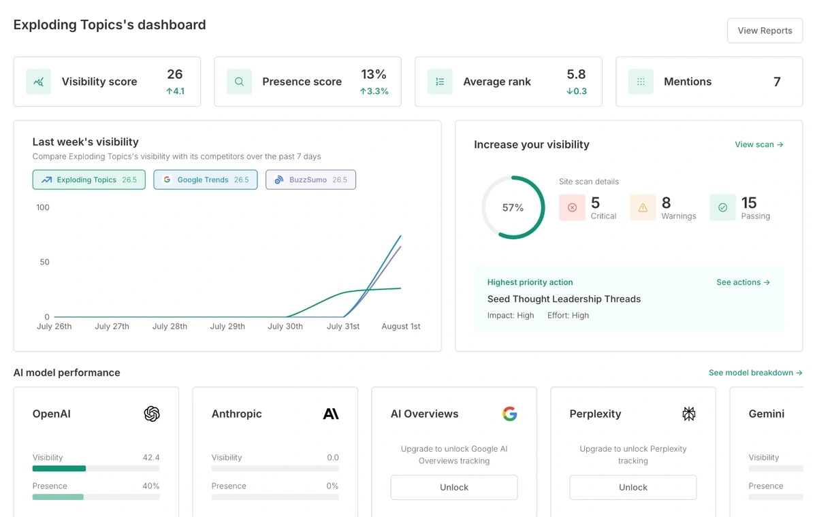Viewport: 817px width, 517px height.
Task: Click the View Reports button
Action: coord(765,31)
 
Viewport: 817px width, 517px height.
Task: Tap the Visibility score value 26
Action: coord(175,74)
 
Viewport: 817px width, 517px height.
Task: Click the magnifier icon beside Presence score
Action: coord(239,82)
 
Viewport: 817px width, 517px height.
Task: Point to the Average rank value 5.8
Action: coord(576,74)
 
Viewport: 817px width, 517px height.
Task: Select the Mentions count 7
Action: coord(777,82)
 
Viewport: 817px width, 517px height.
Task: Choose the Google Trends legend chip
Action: coord(205,180)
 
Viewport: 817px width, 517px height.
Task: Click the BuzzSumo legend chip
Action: coord(310,180)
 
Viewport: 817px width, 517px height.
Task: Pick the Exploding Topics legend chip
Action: coord(89,180)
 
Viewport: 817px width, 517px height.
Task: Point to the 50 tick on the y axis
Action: coord(44,262)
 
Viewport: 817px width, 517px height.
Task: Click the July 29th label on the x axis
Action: coord(227,327)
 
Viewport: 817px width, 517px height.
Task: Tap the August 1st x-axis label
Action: coord(401,327)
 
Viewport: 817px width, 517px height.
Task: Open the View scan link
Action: coord(758,144)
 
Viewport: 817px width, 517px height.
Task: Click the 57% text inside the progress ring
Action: coord(513,207)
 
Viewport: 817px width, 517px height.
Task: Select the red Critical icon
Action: coord(572,207)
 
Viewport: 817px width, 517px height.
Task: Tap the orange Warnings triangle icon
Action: coord(643,207)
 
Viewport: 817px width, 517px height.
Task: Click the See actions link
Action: coord(743,282)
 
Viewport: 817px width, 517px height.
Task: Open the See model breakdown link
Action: coord(755,373)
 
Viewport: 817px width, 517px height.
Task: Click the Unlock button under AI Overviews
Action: coord(454,487)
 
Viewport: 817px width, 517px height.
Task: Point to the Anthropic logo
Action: coord(331,414)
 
